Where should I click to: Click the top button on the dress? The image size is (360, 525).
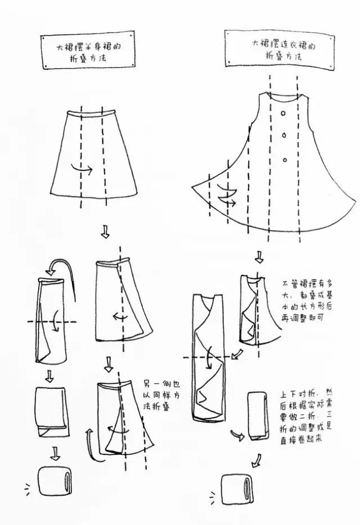coord(283,113)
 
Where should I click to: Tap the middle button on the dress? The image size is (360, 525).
coord(284,135)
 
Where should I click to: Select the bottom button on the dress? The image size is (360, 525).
coord(285,160)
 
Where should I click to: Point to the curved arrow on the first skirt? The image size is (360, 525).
coord(82,169)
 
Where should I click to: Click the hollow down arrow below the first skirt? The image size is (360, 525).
coord(105,232)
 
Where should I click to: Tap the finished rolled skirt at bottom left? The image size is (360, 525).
coord(55,481)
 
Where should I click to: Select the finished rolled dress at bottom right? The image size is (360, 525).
coord(237,488)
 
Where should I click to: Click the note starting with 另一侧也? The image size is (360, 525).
coord(161,395)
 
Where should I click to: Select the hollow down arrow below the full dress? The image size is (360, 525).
coord(259,257)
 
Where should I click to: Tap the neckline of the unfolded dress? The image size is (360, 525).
coord(284,97)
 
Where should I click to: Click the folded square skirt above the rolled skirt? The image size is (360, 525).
coord(52,412)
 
